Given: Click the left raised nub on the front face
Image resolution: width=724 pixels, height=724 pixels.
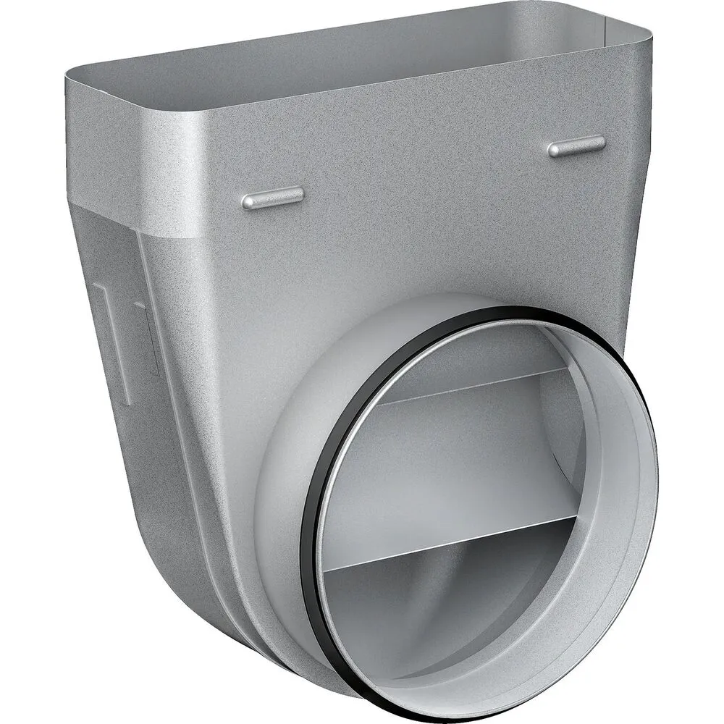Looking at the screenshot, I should [272, 197].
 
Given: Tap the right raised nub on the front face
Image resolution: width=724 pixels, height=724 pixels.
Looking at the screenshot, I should [576, 146].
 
